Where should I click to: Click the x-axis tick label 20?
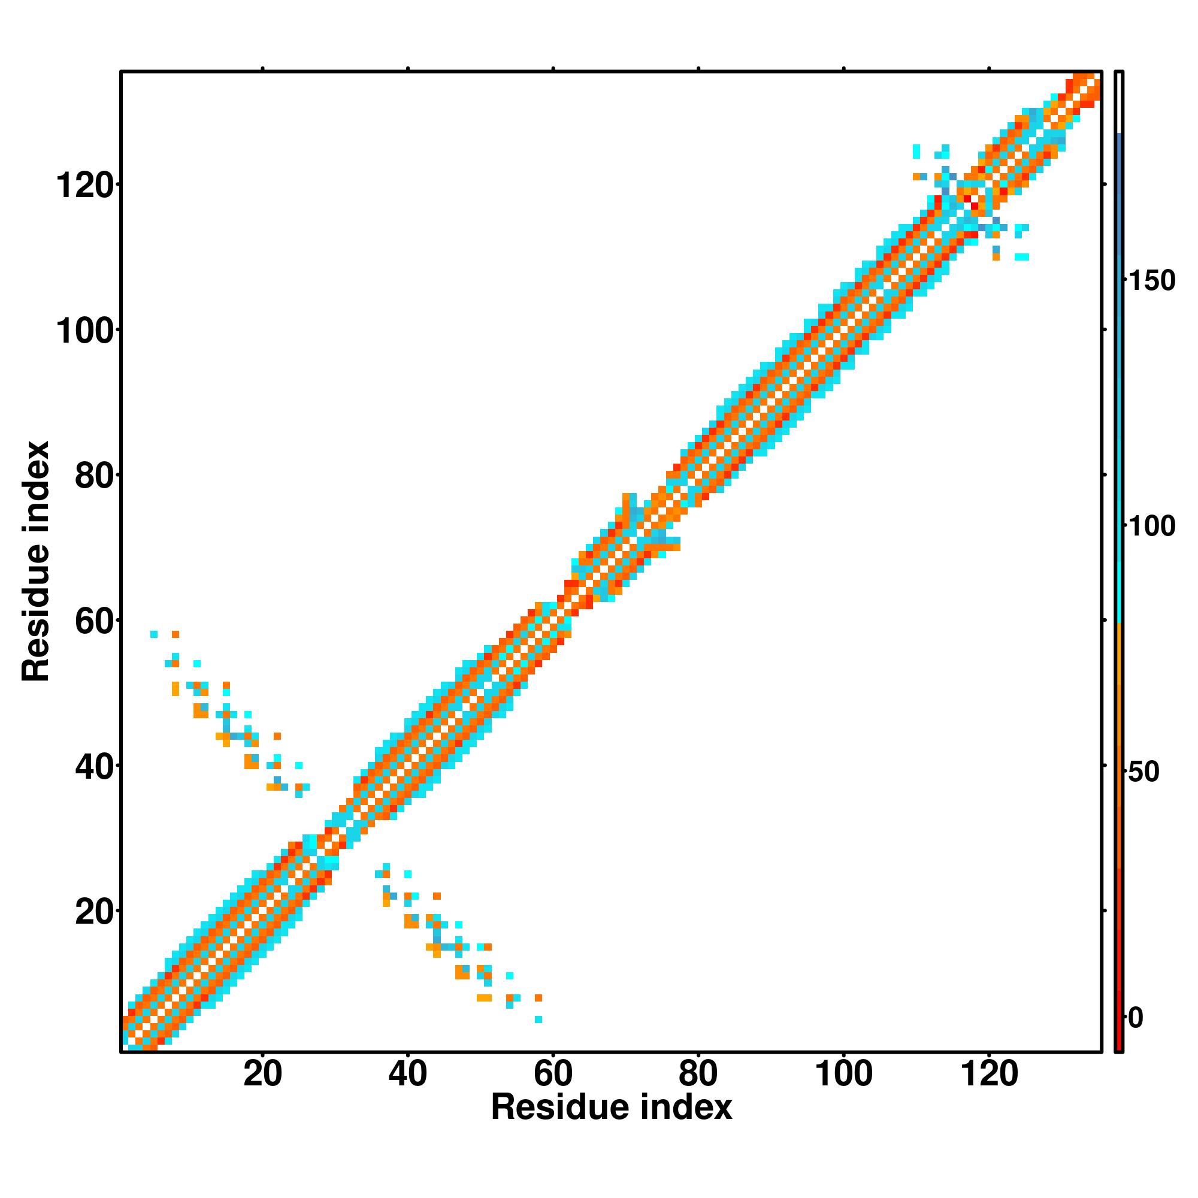[262, 1074]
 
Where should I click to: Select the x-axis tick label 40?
[407, 1074]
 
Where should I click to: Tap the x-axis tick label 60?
[552, 1074]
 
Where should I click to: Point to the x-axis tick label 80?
[698, 1074]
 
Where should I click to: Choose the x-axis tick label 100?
[843, 1074]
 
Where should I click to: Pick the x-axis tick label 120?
[988, 1074]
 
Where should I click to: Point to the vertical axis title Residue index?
[36, 561]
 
